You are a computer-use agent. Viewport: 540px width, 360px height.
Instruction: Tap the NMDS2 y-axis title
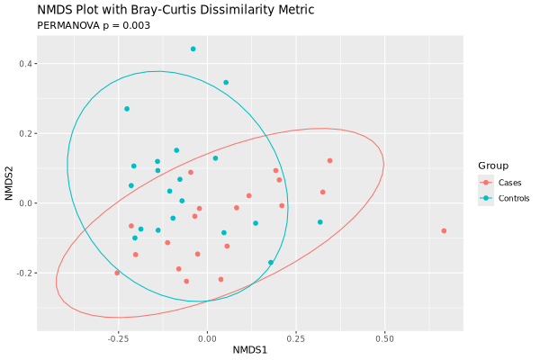pos(9,184)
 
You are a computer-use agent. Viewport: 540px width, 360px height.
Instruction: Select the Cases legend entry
pos(509,183)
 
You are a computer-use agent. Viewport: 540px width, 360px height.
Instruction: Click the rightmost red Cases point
pos(444,231)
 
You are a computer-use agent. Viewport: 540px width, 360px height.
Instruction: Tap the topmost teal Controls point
pos(193,49)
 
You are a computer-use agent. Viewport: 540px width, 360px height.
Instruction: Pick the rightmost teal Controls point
pos(319,222)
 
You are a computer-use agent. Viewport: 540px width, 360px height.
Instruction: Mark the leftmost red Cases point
pos(117,273)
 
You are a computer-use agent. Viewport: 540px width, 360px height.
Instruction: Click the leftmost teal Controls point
pos(127,109)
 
